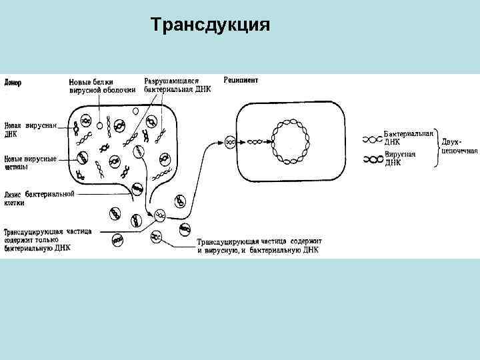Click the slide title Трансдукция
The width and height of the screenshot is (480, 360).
coord(210,25)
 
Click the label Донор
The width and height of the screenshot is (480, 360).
coord(13,83)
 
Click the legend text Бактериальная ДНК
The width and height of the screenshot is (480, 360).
coord(409,137)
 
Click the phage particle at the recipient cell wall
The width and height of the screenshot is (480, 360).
coord(229,142)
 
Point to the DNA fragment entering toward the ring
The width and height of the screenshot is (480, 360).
coord(256,142)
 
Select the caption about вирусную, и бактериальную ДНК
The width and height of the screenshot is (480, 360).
coord(259,246)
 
